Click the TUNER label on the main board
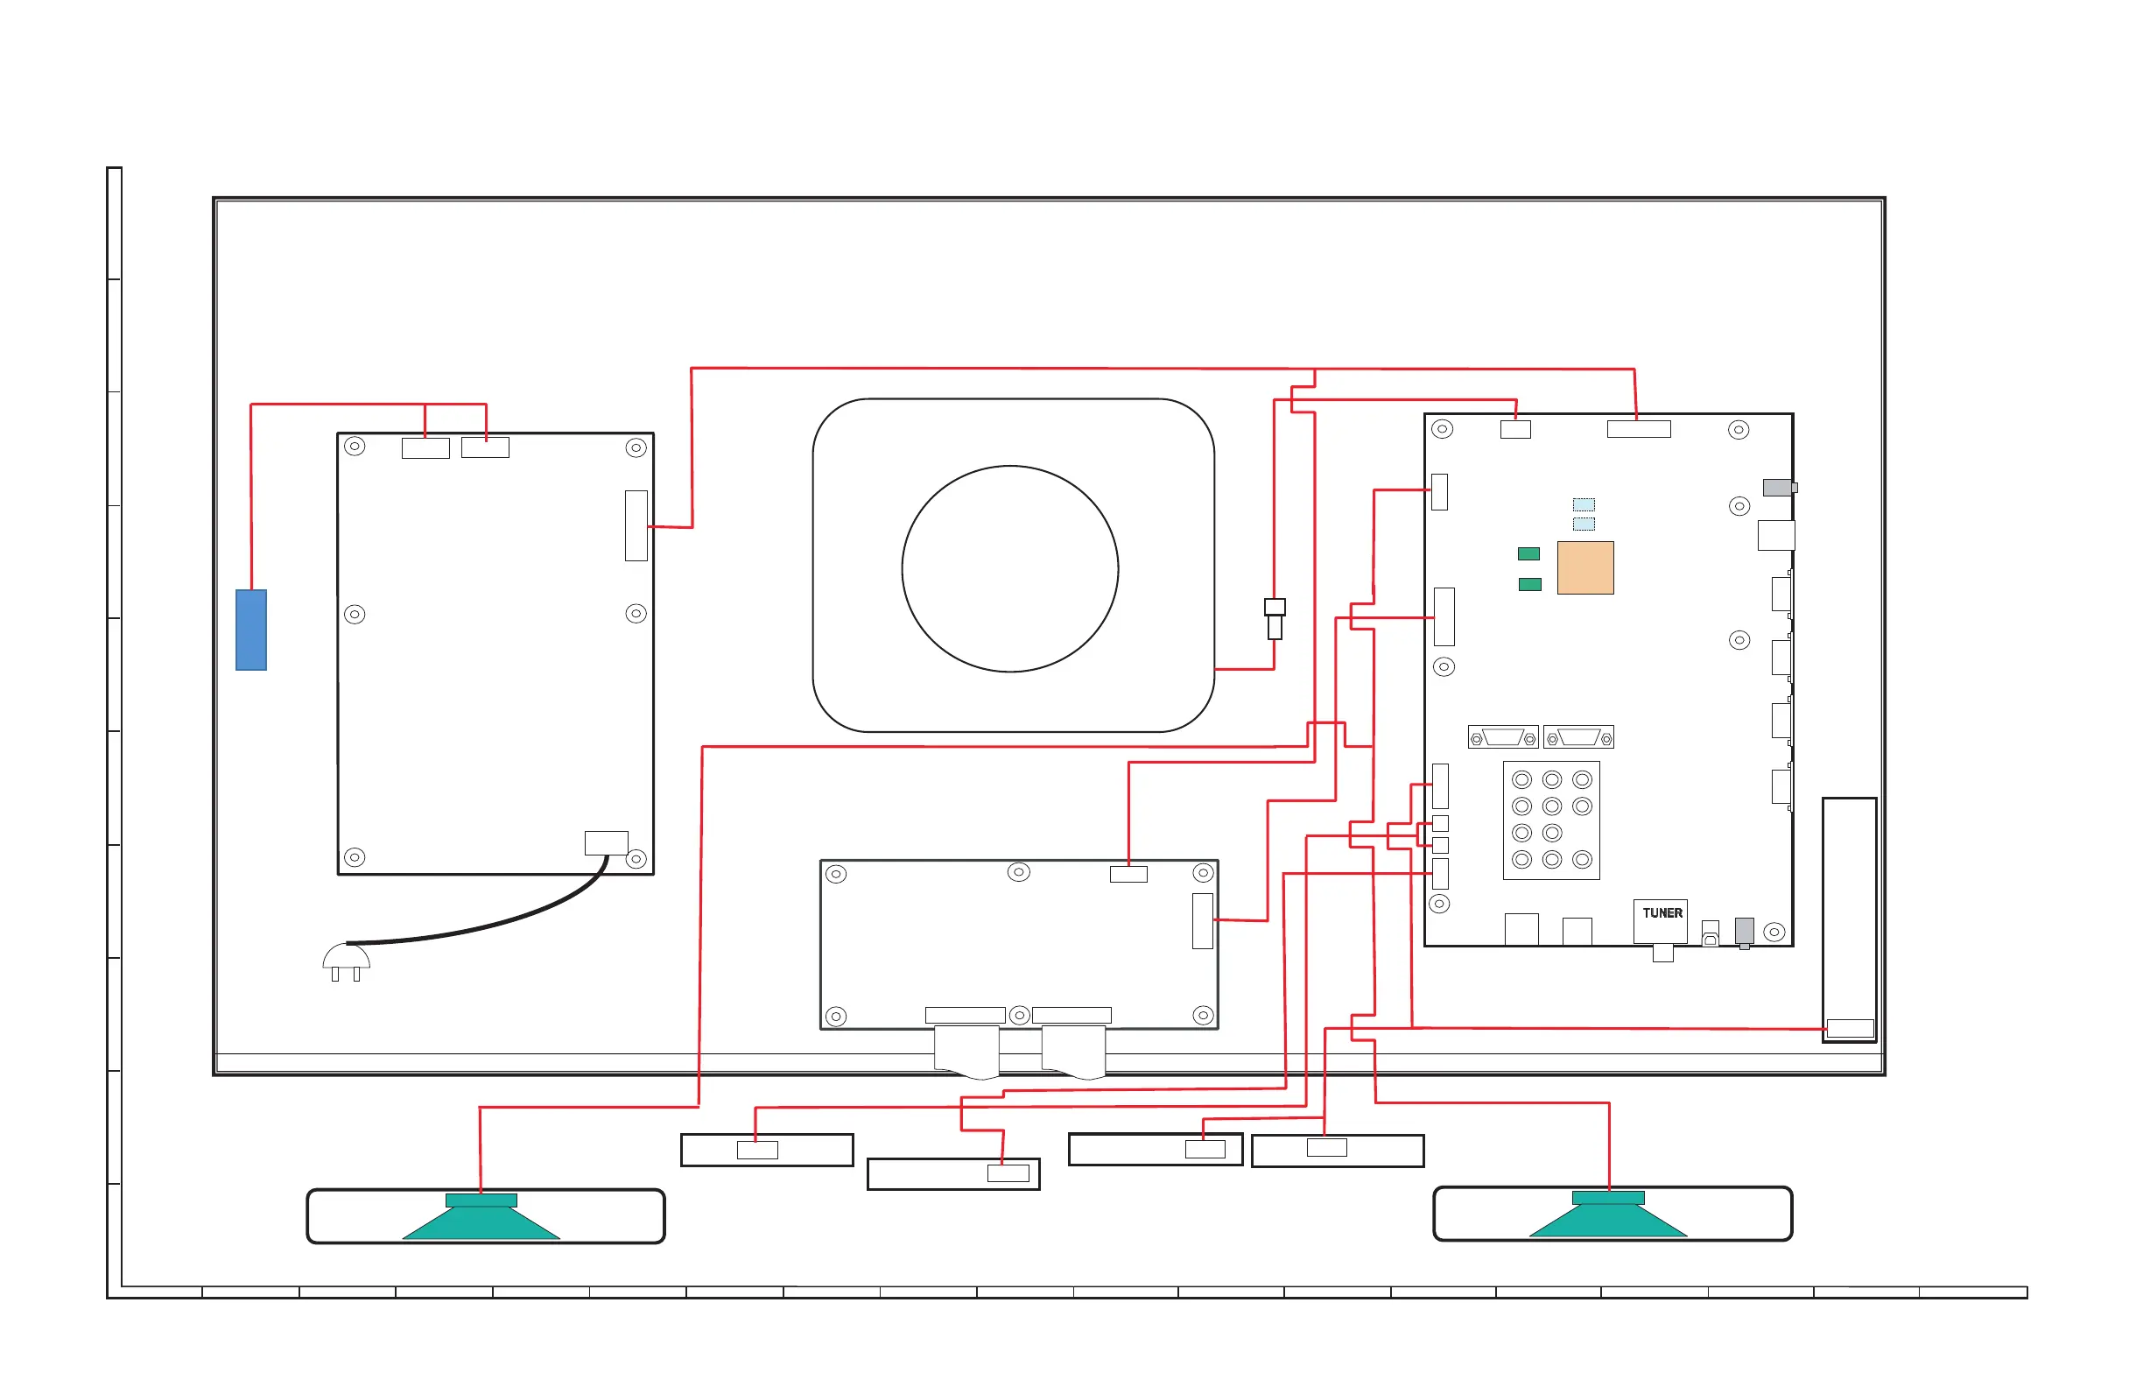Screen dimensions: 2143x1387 [x=1662, y=913]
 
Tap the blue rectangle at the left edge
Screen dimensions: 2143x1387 [x=251, y=630]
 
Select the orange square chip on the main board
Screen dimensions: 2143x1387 [x=1585, y=568]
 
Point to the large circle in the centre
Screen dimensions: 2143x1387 [x=1010, y=569]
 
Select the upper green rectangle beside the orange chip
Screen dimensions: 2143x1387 [x=1529, y=554]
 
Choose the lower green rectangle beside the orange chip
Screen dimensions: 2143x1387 [x=1530, y=585]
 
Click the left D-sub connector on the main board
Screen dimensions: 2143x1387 [x=1503, y=737]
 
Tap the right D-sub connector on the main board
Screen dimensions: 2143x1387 [x=1578, y=737]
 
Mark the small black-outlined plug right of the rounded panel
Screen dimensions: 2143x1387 [x=1275, y=619]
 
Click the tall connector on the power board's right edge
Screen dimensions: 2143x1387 [x=636, y=526]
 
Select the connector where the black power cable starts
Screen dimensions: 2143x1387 [x=607, y=843]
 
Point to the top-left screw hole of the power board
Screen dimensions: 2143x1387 [x=355, y=447]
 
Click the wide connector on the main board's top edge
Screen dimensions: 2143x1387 [x=1639, y=430]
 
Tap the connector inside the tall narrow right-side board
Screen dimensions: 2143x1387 [x=1851, y=1029]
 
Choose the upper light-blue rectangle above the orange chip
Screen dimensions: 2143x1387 [x=1584, y=504]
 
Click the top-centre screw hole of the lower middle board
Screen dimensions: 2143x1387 [x=1019, y=872]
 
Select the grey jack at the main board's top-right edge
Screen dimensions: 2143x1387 [x=1780, y=487]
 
